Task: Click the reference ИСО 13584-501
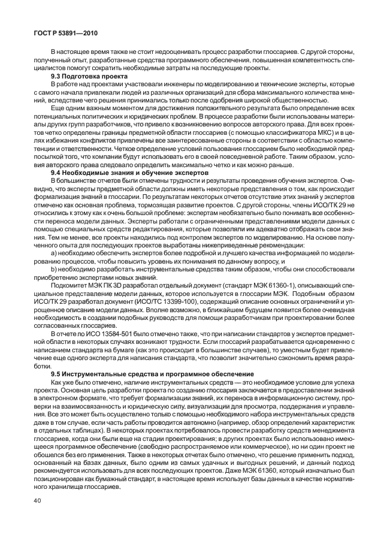tap(110, 331)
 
